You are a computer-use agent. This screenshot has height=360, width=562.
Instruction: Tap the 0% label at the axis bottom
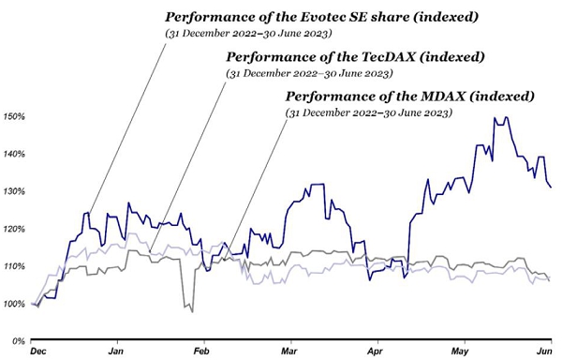[x=19, y=341]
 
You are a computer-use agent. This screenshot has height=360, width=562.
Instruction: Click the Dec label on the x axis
[x=38, y=351]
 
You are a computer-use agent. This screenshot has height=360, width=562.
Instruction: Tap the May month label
[x=460, y=351]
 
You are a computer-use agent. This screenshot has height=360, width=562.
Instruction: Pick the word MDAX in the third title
[x=442, y=97]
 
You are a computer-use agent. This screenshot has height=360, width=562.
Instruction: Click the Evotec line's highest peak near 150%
[x=506, y=117]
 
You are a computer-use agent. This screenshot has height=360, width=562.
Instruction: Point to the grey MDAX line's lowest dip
[x=192, y=312]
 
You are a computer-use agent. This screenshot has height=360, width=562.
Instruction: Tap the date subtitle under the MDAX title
[x=369, y=112]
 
